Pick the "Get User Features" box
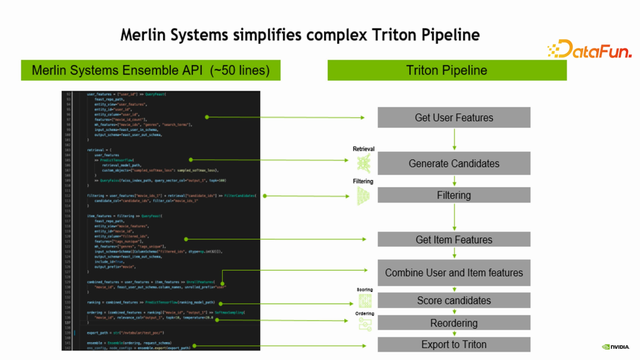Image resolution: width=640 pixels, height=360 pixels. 453,118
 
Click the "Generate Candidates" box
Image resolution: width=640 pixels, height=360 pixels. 453,163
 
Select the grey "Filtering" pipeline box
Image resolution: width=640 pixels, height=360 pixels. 453,195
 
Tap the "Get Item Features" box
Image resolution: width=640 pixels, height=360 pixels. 453,240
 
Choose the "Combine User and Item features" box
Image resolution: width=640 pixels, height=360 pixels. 453,272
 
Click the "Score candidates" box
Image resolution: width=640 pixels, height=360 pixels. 453,300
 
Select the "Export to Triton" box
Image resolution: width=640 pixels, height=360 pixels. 453,345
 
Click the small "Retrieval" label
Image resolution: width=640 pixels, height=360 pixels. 363,148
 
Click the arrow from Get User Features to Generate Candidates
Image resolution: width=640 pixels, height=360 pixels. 453,139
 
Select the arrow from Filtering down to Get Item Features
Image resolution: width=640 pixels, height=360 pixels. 453,217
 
